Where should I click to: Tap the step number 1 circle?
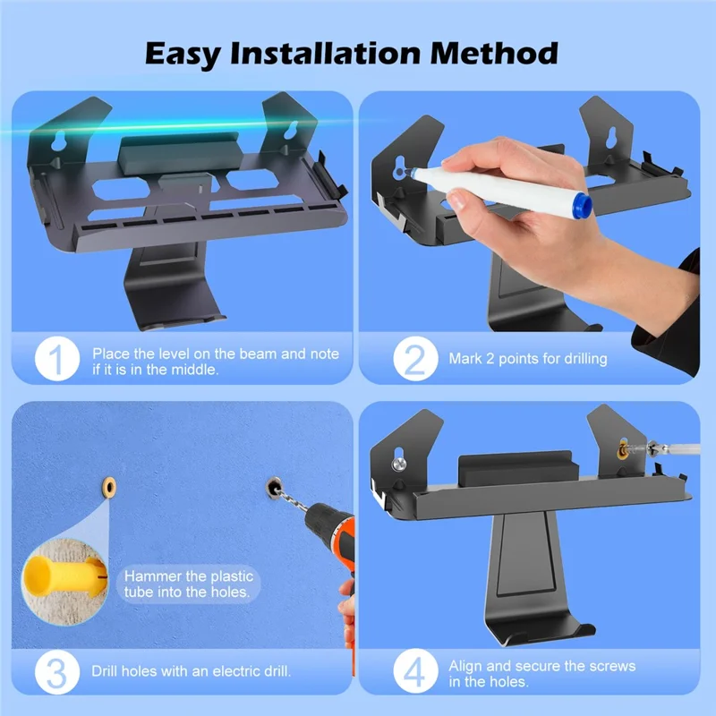pyautogui.click(x=55, y=359)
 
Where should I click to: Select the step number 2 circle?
pyautogui.click(x=414, y=359)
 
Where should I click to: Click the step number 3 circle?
pyautogui.click(x=55, y=670)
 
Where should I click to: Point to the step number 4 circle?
pyautogui.click(x=414, y=670)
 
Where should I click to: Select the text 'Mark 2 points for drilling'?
pyautogui.click(x=528, y=359)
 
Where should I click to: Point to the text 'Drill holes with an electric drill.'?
pyautogui.click(x=190, y=670)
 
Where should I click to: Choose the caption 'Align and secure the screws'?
pyautogui.click(x=541, y=665)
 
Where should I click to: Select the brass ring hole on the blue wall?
pyautogui.click(x=109, y=485)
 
